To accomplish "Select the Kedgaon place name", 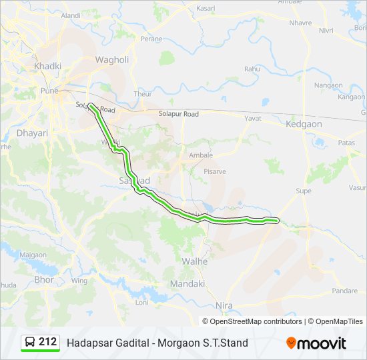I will point(304,124).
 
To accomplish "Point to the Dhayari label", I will point(33,133).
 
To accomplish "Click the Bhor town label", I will point(44,280).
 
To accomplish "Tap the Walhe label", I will point(195,261).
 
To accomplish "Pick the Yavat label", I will point(253,118).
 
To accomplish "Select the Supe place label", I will point(304,191).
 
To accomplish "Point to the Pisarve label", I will point(215,171).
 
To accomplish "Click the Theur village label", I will point(143,94).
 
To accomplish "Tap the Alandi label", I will point(70,15).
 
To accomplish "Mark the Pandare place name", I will point(345,291).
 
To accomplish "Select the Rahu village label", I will point(252,69).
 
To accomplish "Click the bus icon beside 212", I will point(30,343).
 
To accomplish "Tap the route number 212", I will point(47,342).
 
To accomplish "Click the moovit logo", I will point(316,343).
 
